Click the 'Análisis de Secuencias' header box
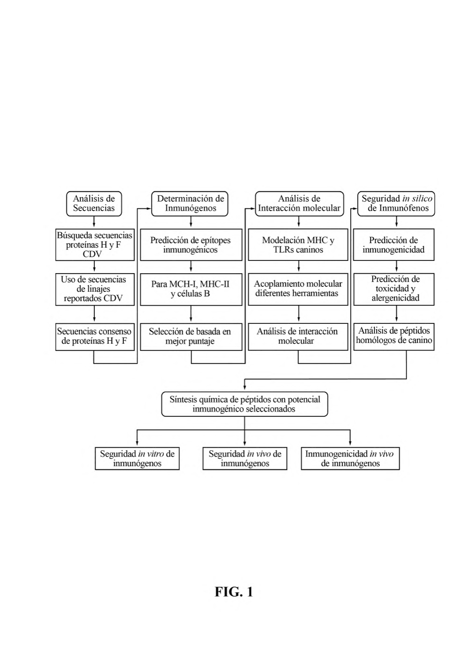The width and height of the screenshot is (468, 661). tap(94, 204)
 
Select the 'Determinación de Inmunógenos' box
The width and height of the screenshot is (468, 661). tap(190, 204)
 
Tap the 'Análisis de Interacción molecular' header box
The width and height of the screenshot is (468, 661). tap(300, 204)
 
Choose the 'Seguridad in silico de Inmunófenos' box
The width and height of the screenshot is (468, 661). tap(396, 204)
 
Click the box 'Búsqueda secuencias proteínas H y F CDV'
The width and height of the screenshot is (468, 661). tap(95, 245)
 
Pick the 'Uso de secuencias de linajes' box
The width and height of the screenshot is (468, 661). tap(95, 289)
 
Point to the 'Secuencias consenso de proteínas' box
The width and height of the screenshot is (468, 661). tap(95, 337)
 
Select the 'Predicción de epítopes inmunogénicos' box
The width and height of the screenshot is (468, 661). tap(191, 245)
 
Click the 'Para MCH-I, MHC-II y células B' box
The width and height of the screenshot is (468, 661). tap(191, 289)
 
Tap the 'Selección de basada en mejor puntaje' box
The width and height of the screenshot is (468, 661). tap(191, 337)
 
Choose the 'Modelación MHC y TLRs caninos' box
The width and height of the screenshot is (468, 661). tap(298, 245)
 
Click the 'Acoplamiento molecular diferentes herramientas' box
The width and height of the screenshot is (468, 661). tap(298, 289)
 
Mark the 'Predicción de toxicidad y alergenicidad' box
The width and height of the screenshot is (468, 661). tap(394, 289)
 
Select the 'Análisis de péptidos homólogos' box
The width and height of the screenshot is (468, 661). tap(394, 337)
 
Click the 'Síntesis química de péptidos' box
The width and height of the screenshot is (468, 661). tap(245, 404)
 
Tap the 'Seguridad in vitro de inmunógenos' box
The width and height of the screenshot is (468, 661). tap(137, 458)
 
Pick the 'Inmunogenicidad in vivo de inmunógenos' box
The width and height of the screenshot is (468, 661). tap(350, 458)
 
